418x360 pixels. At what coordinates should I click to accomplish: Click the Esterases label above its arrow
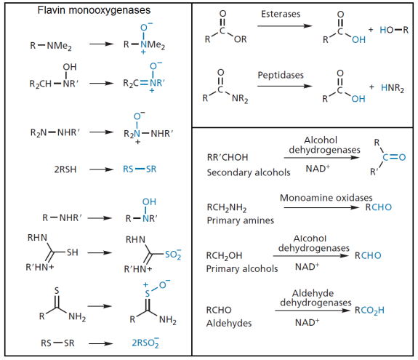282,15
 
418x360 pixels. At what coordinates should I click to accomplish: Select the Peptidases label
282,75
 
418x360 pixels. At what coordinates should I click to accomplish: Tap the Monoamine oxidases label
326,198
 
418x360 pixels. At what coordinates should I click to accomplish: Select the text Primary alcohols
242,268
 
